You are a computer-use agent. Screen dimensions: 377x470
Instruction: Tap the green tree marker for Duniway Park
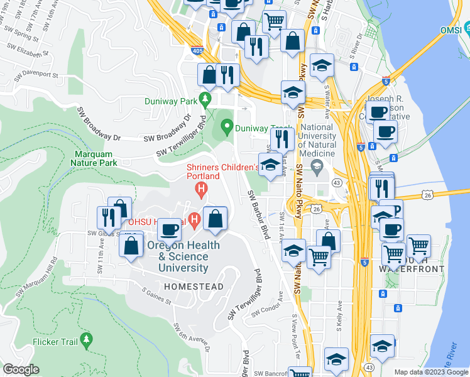[205, 99]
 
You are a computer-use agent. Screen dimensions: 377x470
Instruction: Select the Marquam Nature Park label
[96, 158]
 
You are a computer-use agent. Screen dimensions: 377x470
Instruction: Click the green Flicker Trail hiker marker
[87, 341]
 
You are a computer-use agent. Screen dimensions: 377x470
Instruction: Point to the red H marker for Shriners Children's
[201, 188]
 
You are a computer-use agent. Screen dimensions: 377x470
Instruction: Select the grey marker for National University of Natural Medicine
[317, 167]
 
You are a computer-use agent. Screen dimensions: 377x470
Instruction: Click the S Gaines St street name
[157, 296]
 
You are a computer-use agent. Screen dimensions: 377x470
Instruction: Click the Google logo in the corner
[21, 369]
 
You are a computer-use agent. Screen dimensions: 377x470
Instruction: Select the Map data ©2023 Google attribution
[431, 372]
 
